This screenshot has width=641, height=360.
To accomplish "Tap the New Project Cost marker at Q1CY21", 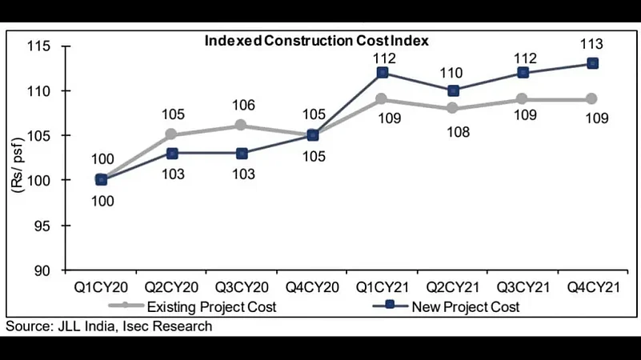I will [x=383, y=72].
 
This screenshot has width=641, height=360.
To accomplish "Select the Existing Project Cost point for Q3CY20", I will [x=241, y=126].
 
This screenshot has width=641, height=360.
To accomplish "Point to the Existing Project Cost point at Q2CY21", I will [x=453, y=108].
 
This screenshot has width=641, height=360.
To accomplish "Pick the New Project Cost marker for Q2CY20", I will [x=170, y=153].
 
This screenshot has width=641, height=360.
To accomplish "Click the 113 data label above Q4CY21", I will [x=593, y=44].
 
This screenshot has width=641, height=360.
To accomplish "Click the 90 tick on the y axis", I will [x=44, y=271].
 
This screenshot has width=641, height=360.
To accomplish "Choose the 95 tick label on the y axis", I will [x=44, y=226].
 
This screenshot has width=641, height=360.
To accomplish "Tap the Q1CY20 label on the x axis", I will [x=101, y=286].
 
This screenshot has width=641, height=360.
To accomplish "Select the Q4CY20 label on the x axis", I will [x=312, y=286].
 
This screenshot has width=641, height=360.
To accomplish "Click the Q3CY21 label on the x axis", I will [x=523, y=286].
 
